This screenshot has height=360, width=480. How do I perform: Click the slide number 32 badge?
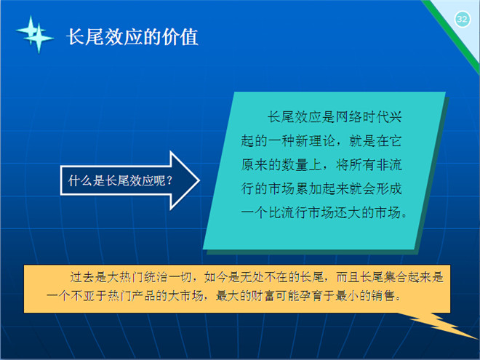tap(462, 20)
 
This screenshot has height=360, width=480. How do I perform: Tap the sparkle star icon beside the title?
tap(35, 34)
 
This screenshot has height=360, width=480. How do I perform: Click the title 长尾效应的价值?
tap(132, 37)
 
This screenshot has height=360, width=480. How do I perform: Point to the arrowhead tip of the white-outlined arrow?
tap(200, 180)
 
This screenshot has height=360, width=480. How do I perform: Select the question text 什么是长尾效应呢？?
tap(121, 180)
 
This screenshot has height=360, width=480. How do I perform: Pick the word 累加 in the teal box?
tap(308, 188)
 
